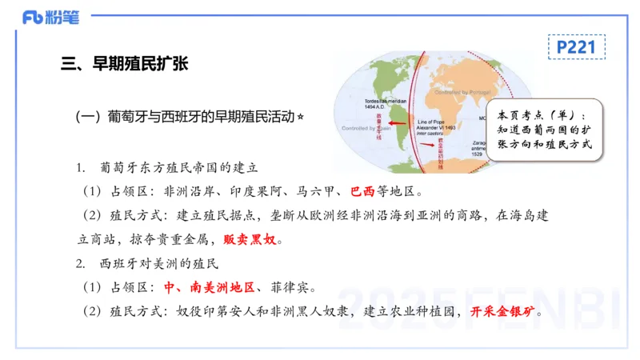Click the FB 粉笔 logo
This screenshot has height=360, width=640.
50,18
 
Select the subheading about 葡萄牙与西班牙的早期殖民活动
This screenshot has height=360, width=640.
184,117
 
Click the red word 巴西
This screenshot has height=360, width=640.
362,192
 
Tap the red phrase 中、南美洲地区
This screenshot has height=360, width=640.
209,287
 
